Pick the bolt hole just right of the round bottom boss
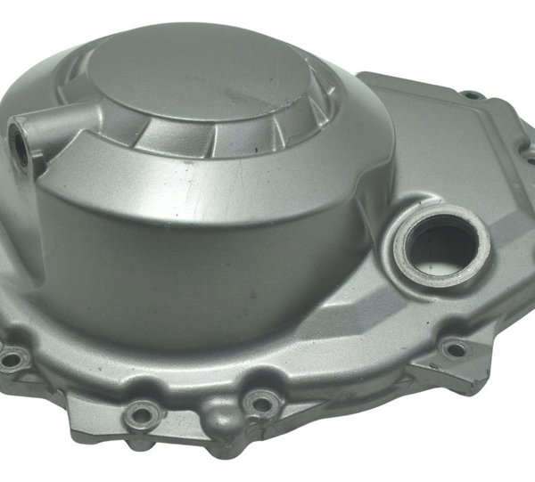click(261, 404)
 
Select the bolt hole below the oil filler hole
click(455, 348)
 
